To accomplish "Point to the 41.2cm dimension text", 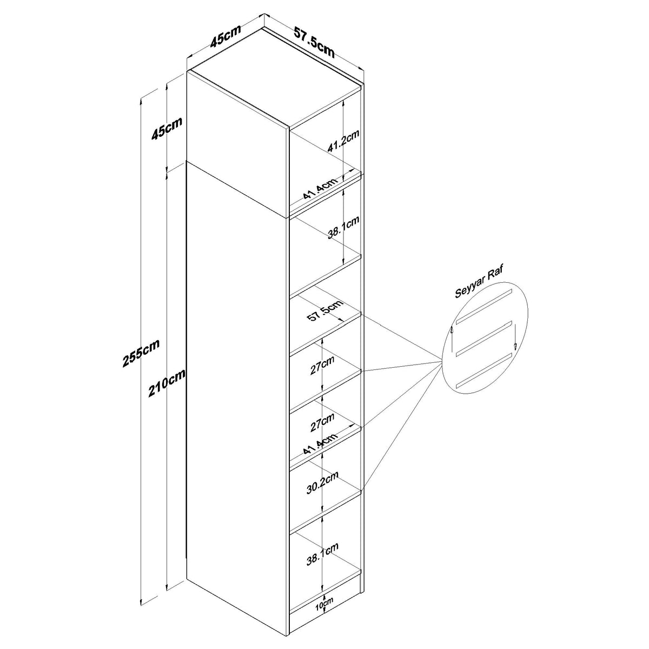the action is tap(343, 142).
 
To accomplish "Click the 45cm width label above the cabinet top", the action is tap(226, 36).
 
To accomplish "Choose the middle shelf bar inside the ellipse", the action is tap(484, 339).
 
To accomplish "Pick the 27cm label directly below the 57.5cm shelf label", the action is tap(322, 365).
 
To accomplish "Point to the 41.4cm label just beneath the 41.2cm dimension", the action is tap(320, 189).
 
